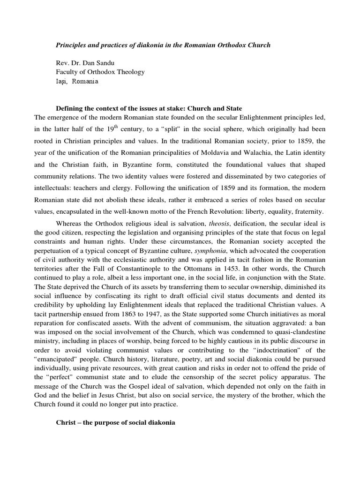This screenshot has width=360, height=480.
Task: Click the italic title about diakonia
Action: click(163, 45)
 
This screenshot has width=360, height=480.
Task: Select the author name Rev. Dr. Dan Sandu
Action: click(87, 63)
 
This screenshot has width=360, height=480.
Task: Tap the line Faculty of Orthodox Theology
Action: click(100, 72)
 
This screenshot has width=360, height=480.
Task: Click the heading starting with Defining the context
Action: click(149, 108)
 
